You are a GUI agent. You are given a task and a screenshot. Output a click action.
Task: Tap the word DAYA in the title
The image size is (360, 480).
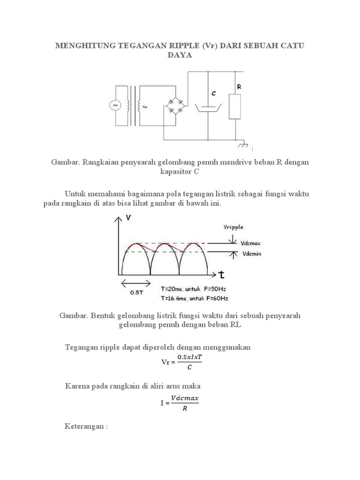point(180,55)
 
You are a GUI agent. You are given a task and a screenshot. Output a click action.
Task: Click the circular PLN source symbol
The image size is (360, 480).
point(115,106)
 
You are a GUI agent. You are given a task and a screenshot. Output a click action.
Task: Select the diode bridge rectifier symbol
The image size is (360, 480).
point(176,106)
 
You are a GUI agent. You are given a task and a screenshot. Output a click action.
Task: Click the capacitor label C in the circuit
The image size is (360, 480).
point(214,93)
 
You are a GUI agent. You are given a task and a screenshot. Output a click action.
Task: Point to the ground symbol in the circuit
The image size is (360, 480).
point(243,146)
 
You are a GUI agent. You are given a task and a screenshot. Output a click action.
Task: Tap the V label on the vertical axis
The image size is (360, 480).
point(129,217)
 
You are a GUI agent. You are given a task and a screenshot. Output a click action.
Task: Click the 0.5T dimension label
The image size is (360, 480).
point(135,292)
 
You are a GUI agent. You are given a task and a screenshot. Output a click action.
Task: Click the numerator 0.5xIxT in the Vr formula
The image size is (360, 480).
point(189,358)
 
